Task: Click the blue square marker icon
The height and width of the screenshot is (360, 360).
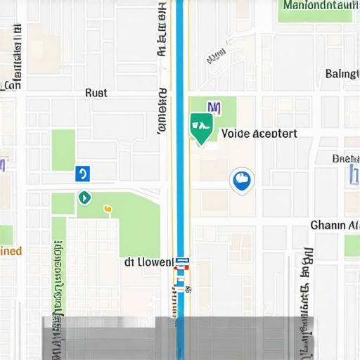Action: click(x=83, y=173)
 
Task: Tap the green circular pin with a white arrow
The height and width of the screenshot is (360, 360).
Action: click(x=84, y=198)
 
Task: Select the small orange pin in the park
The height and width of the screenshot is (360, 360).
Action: click(x=108, y=209)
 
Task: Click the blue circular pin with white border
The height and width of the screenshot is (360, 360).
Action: click(x=241, y=180)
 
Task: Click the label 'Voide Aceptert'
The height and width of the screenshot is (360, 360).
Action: click(x=259, y=134)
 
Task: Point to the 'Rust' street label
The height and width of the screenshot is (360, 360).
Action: click(x=96, y=93)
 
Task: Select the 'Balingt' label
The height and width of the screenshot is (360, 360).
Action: click(x=342, y=74)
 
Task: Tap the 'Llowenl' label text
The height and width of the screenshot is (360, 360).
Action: click(x=148, y=262)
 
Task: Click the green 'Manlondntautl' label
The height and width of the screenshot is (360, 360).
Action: click(x=318, y=5)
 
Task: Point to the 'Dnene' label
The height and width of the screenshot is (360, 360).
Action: click(x=345, y=158)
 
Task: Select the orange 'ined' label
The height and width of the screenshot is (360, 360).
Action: click(x=11, y=251)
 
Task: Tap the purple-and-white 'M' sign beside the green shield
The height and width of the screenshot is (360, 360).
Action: click(x=214, y=108)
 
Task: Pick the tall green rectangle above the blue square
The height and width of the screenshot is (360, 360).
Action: click(x=63, y=149)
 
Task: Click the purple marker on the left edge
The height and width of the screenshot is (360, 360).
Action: click(x=3, y=165)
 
